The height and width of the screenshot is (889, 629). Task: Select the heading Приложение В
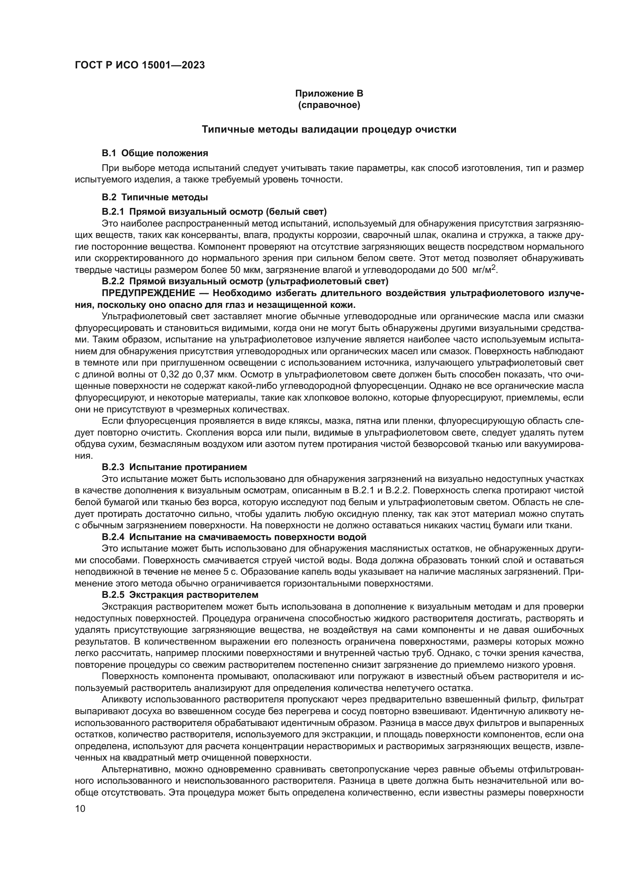[329, 94]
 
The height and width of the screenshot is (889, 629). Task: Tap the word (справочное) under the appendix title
[329, 105]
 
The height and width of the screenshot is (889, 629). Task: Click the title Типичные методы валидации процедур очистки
[329, 129]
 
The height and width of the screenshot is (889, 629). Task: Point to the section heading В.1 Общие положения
[154, 153]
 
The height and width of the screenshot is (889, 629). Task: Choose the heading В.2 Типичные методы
[154, 197]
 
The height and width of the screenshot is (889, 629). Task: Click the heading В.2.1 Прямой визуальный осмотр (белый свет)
[214, 212]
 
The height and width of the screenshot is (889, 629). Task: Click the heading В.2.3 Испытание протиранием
[174, 467]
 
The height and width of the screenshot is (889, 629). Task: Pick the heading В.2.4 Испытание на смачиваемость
[234, 537]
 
